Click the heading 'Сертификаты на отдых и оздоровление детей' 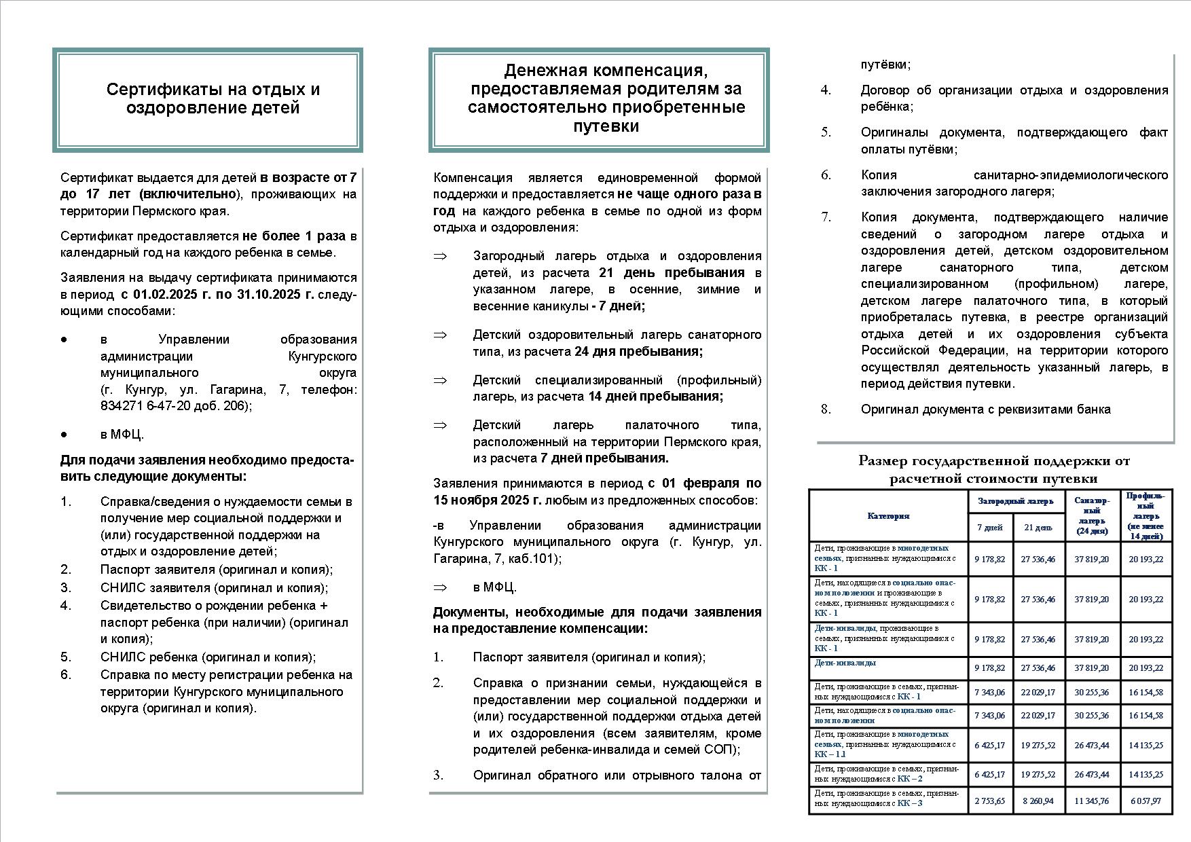[x=213, y=99]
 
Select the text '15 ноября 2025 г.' [x=487, y=500]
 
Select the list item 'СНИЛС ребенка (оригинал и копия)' [x=208, y=657]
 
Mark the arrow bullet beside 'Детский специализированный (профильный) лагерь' [x=440, y=380]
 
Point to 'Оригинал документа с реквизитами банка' [x=985, y=409]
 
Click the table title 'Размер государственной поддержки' [x=993, y=462]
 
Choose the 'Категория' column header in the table [x=888, y=516]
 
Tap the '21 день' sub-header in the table [x=1038, y=528]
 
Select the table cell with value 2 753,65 [x=989, y=801]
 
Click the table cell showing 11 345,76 [x=1091, y=801]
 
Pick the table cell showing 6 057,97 [x=1146, y=801]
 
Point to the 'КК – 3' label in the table [x=910, y=803]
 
